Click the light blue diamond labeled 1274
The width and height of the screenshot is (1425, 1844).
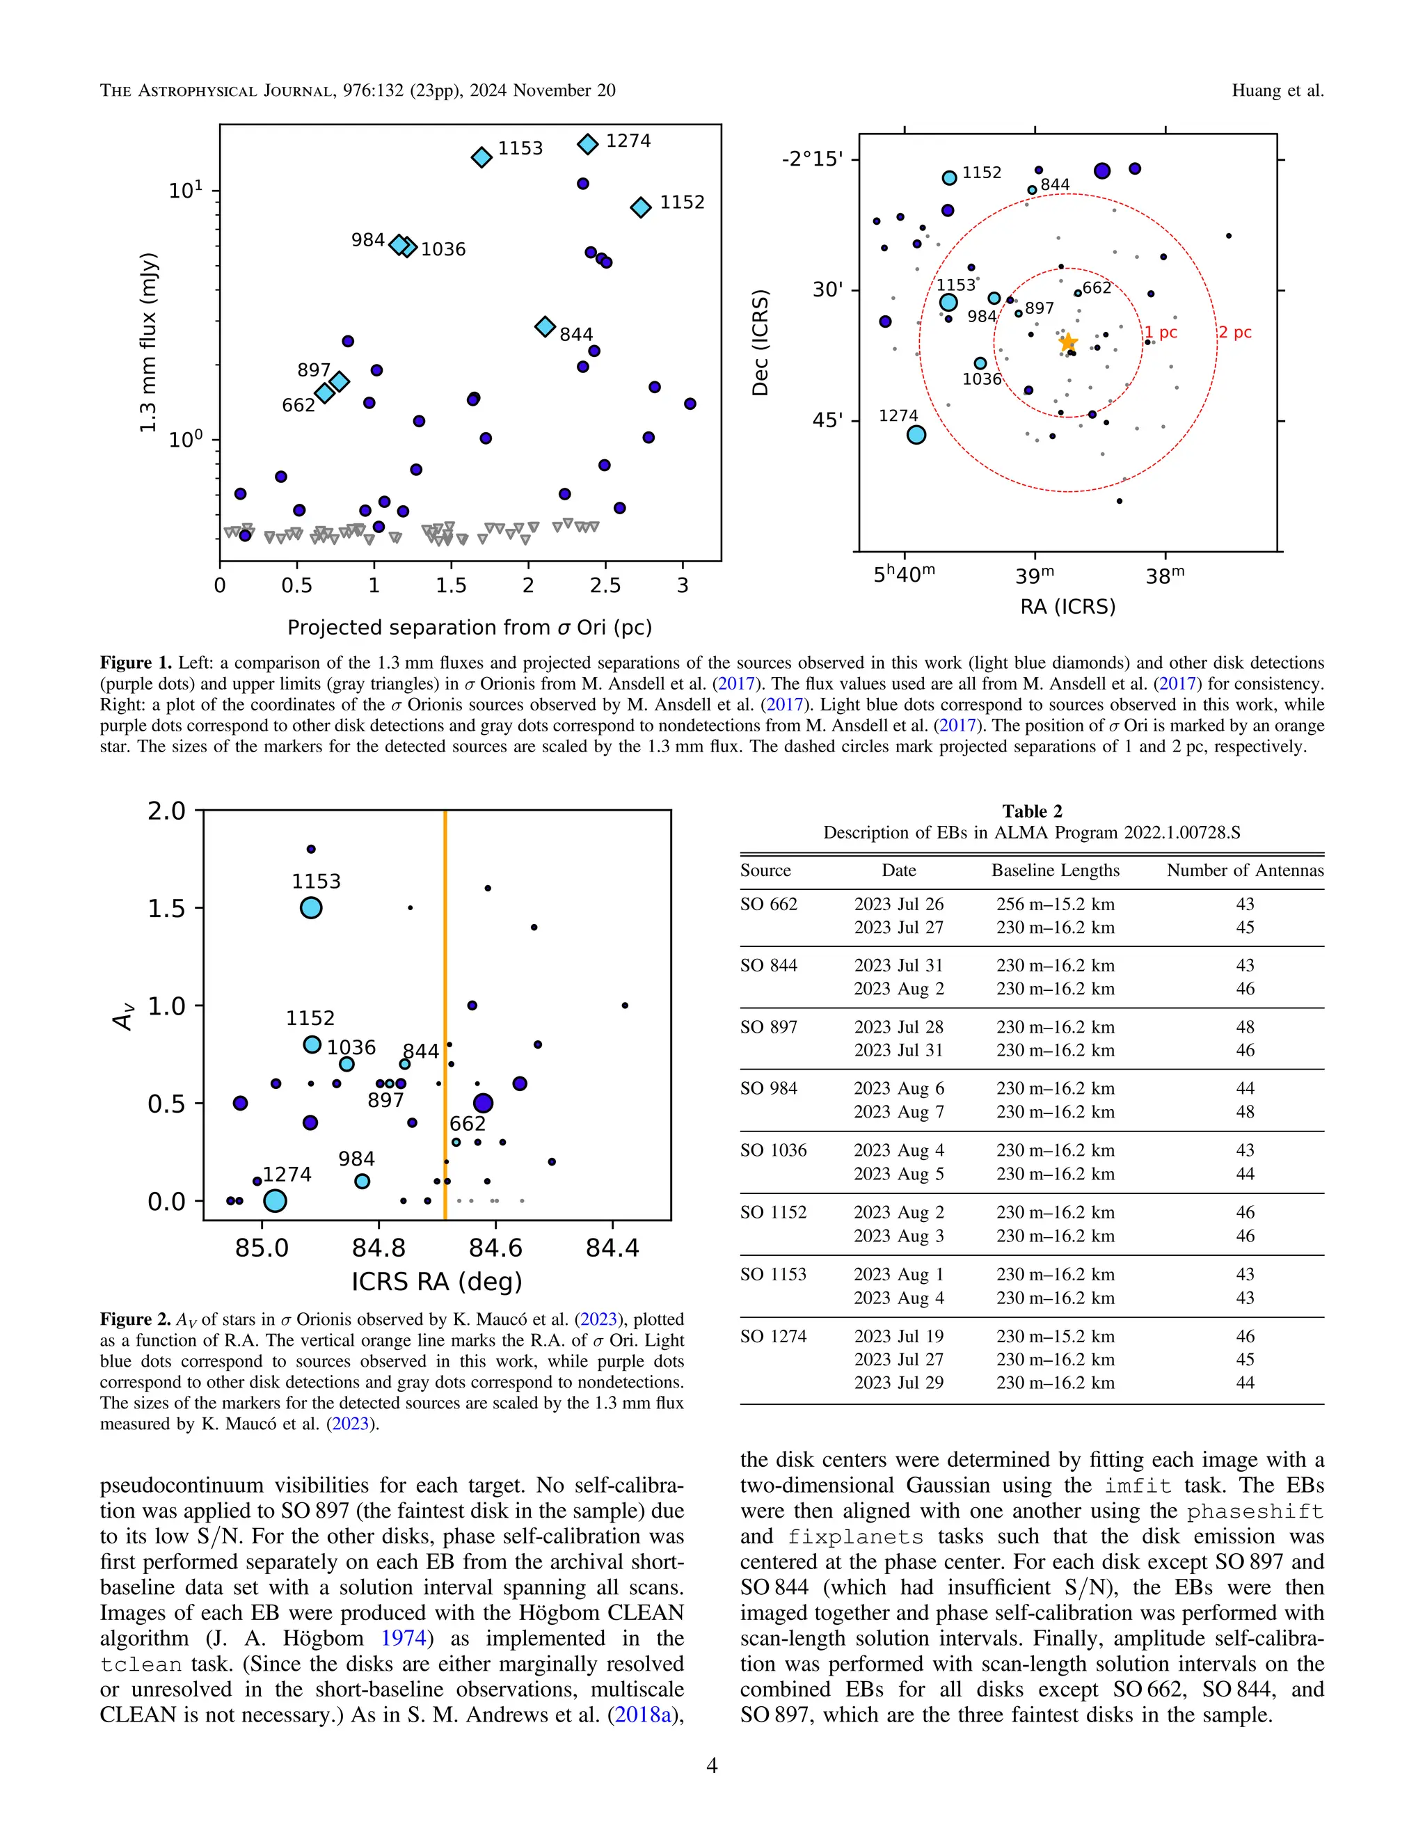(x=587, y=143)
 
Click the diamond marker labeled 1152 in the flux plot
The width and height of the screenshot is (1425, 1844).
(x=641, y=207)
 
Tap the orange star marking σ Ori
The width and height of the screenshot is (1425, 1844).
(x=1068, y=342)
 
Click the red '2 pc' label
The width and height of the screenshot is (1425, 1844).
(x=1234, y=332)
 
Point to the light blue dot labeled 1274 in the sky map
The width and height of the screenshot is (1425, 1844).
(x=916, y=435)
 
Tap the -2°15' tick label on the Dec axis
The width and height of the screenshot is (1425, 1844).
(x=812, y=159)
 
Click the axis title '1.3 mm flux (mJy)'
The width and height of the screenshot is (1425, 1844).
(x=149, y=342)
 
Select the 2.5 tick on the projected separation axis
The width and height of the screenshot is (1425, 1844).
(x=605, y=586)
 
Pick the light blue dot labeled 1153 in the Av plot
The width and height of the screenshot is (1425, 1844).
(x=312, y=907)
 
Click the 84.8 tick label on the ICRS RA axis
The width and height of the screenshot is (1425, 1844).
(x=379, y=1248)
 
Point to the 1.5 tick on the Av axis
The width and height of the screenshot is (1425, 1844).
(x=166, y=909)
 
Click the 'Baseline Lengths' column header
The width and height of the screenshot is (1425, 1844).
(x=1056, y=871)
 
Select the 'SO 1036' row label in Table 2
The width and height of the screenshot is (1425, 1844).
(x=773, y=1150)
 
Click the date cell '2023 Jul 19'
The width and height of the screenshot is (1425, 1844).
(x=898, y=1336)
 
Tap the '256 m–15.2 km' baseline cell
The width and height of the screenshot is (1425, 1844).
(x=1056, y=905)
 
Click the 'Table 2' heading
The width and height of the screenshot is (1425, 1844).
(x=1032, y=811)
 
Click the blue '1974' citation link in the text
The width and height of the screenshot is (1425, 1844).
(x=403, y=1638)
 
